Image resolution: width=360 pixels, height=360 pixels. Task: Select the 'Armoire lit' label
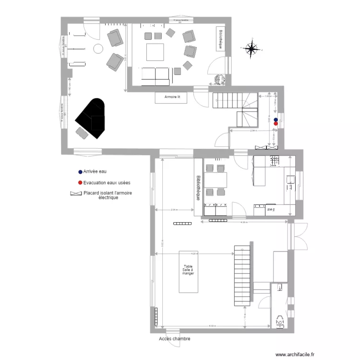[x=172, y=97]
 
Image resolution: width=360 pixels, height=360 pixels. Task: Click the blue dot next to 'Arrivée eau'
[x=80, y=171]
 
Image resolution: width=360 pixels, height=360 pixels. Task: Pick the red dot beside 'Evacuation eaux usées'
[x=80, y=183]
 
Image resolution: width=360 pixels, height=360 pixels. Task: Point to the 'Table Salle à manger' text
[x=188, y=270]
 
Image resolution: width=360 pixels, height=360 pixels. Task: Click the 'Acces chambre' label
[x=174, y=338]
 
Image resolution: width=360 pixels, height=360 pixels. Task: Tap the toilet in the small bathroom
[x=279, y=320]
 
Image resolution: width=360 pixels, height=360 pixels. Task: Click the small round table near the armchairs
[x=98, y=48]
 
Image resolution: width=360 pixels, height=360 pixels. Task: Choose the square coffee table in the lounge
[x=155, y=52]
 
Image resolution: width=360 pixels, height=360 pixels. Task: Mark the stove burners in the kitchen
[x=275, y=161]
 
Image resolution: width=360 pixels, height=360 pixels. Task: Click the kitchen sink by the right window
[x=291, y=180]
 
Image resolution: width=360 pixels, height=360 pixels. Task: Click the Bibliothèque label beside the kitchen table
[x=198, y=187]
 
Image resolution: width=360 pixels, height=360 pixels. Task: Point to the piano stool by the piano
[x=82, y=132]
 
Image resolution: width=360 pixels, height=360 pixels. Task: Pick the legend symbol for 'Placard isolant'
[x=76, y=194]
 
